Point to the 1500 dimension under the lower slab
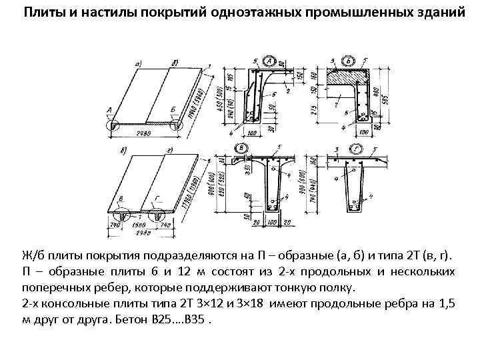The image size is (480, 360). tap(141, 225)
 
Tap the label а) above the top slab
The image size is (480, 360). tap(139, 63)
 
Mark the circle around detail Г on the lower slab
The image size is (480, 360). tap(157, 215)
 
